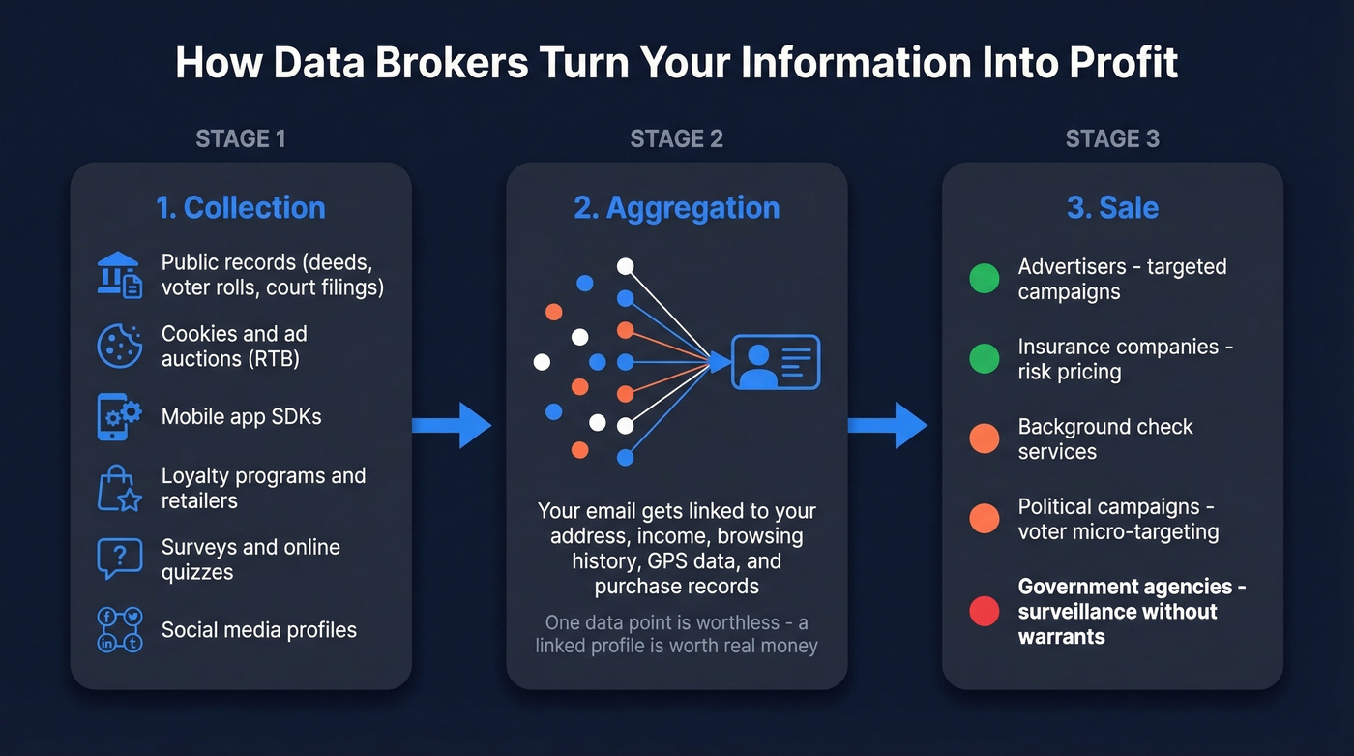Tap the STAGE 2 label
[x=676, y=138]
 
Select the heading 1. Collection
[x=241, y=207]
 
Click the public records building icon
[x=119, y=274]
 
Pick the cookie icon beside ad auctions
[x=119, y=346]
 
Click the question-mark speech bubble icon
[x=119, y=559]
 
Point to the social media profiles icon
[x=119, y=629]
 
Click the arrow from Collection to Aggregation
[x=452, y=425]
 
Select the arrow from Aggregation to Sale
[x=888, y=425]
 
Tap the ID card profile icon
[x=776, y=362]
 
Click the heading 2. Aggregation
[x=676, y=207]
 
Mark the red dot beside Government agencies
[x=985, y=611]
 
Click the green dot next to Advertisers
[x=985, y=279]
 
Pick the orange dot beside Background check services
[x=985, y=438]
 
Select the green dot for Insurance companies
[x=985, y=359]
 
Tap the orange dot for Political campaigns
[x=985, y=519]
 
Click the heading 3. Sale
[x=1112, y=207]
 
